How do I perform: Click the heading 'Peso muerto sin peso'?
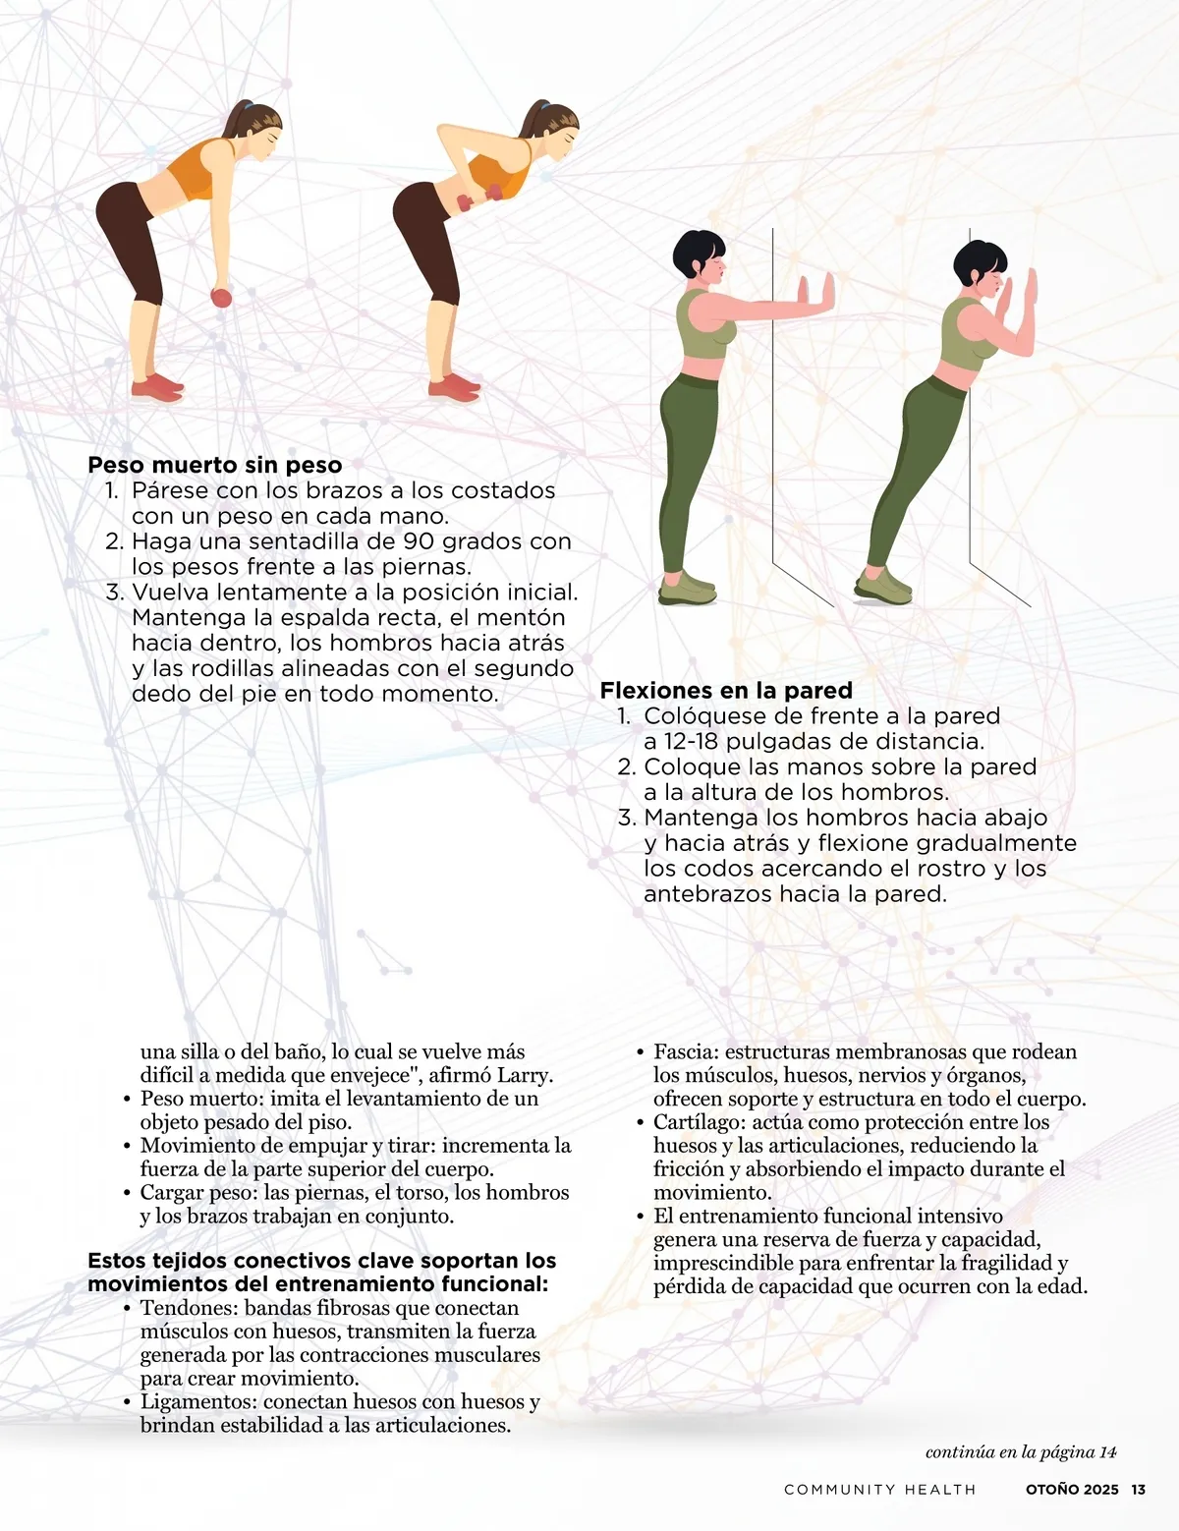coord(215,465)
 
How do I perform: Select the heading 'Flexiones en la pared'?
coord(726,690)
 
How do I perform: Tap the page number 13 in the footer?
coord(1138,1490)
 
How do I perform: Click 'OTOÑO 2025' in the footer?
coord(1072,1490)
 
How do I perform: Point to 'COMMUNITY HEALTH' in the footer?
coord(880,1490)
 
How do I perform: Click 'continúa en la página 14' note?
coord(1021,1452)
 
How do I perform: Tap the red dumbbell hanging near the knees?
coord(221,298)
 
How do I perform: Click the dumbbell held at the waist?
coord(479,198)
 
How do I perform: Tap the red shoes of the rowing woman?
coord(455,389)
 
